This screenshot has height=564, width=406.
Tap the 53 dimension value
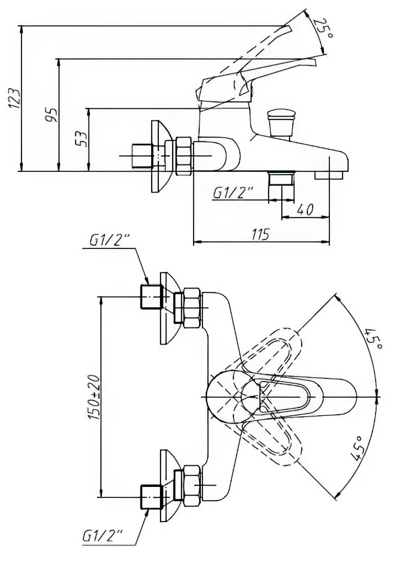coord(82,138)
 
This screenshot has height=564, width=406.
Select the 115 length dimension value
coord(260,234)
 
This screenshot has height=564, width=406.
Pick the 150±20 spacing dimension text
coord(93,397)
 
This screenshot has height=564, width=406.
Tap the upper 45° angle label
coord(373,338)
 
